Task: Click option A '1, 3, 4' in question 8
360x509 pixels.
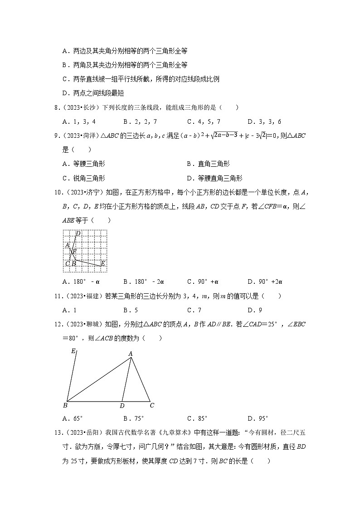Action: tap(79, 121)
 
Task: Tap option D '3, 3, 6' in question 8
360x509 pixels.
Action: tap(264, 121)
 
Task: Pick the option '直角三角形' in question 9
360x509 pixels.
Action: tap(209, 164)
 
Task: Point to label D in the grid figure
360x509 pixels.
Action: tap(78, 233)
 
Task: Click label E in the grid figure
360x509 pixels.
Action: tap(102, 263)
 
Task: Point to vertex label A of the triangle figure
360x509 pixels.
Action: tap(130, 354)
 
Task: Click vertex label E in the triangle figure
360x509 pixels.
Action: tap(73, 350)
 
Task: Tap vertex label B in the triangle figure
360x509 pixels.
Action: tap(65, 405)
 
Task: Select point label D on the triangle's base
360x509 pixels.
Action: tap(122, 405)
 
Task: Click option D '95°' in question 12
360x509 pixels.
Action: tap(258, 418)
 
